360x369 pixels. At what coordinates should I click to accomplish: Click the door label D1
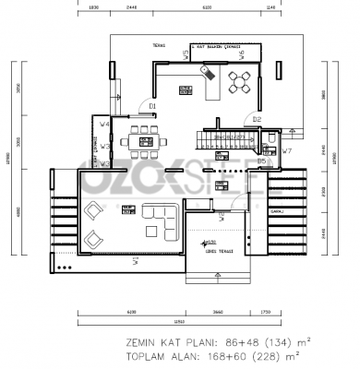pyautogui.click(x=151, y=106)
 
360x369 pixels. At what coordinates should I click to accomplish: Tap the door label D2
pyautogui.click(x=257, y=119)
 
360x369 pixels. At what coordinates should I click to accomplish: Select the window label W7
pyautogui.click(x=287, y=150)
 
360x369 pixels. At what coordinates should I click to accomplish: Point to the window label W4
pyautogui.click(x=104, y=123)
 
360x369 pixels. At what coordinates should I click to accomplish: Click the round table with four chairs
pyautogui.click(x=242, y=82)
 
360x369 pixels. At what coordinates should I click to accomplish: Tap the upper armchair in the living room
pyautogui.click(x=93, y=211)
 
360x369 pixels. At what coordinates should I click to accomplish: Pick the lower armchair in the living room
pyautogui.click(x=93, y=239)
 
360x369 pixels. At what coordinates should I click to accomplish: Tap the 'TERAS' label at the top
pyautogui.click(x=159, y=43)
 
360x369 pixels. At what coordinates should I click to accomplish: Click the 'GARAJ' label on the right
pyautogui.click(x=276, y=211)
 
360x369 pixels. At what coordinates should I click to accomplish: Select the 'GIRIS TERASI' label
pyautogui.click(x=219, y=249)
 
